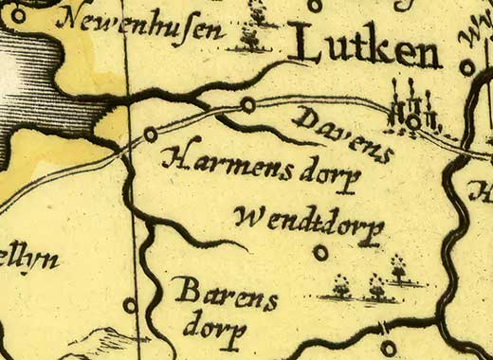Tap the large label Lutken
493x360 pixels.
coord(365,47)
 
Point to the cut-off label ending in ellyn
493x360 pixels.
coord(28,258)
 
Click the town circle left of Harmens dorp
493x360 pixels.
coord(150,135)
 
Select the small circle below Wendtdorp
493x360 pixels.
coord(320,253)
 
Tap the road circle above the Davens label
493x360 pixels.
coord(247,104)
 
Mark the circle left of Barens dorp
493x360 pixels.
coord(130,305)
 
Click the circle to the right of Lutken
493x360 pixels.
coord(466,67)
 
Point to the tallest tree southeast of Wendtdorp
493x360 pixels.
coord(398,269)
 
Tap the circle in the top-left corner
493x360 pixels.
coord(18,13)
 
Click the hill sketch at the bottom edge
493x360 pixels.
coord(104,341)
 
